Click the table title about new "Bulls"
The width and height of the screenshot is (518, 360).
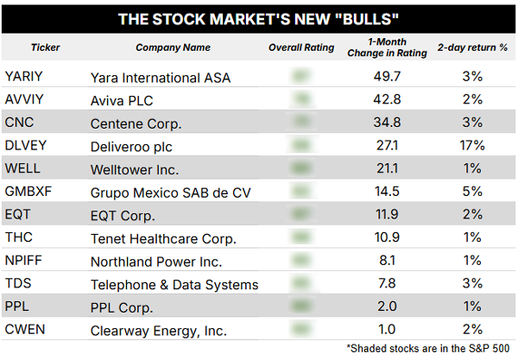(x=258, y=18)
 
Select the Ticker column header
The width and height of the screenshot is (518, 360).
(x=45, y=47)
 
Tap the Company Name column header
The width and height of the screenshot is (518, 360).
(x=174, y=47)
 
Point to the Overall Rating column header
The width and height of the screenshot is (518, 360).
(x=300, y=47)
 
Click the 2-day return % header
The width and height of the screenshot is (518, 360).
(x=471, y=47)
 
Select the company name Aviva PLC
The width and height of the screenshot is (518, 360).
(x=128, y=99)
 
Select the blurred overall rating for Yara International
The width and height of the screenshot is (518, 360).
(x=301, y=77)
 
